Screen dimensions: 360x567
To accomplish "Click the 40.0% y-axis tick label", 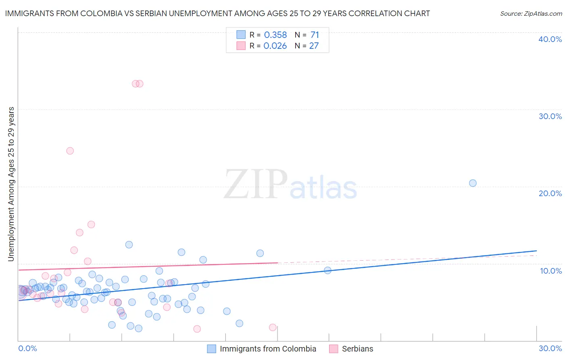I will point(550,39).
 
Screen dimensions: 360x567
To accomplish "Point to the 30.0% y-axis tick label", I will point(550,116).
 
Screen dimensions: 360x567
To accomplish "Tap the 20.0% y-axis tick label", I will point(550,193).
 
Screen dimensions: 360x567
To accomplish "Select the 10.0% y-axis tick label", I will point(550,271).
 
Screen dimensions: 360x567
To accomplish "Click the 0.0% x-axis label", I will point(27,348).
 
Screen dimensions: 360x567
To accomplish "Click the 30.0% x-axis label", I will point(550,348).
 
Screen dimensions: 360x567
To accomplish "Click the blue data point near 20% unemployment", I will point(473,183).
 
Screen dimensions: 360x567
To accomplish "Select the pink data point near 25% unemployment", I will point(70,151).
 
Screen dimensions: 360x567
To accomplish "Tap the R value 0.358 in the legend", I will point(275,35).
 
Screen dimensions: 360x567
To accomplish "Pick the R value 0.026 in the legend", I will point(275,46).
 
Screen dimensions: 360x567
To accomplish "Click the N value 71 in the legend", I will point(315,35).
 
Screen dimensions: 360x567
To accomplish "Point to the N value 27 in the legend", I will point(314,46).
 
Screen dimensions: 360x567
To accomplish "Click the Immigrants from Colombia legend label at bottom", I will point(268,349).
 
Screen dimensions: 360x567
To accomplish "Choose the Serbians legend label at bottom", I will point(357,349).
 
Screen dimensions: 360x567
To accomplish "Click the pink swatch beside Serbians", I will point(334,349).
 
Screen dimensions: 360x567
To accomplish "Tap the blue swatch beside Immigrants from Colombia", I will point(211,349).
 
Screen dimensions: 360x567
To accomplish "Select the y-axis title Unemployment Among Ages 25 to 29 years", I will point(11,184).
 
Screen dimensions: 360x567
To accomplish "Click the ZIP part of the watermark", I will point(256,184).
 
